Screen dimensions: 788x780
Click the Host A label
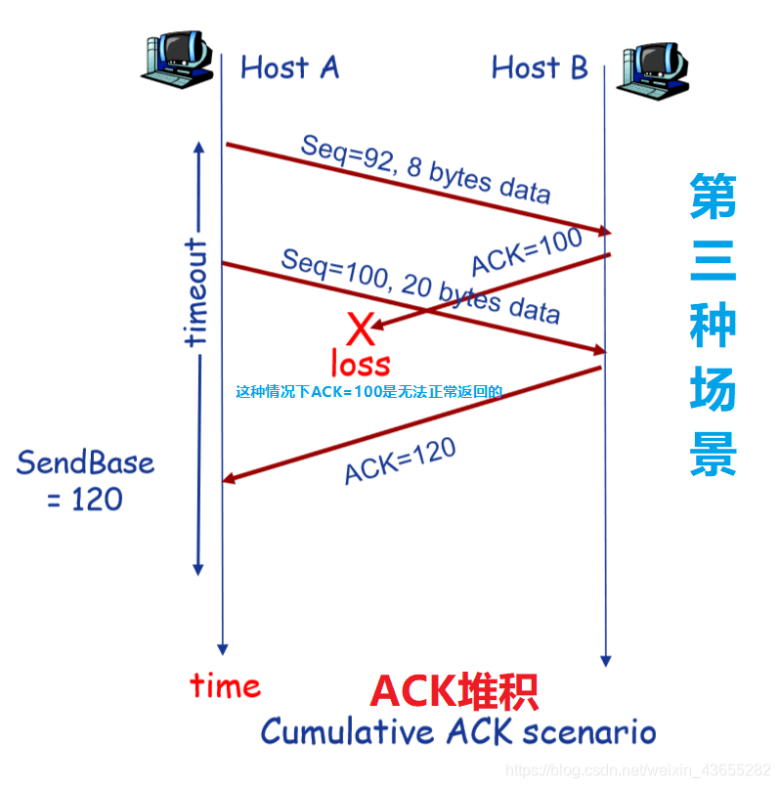(x=289, y=67)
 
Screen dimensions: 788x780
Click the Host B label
(x=540, y=67)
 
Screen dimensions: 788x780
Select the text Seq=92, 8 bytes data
(x=424, y=167)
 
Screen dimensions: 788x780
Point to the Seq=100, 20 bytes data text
(x=420, y=285)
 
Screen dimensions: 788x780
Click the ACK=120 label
(x=400, y=460)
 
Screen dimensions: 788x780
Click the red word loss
(x=360, y=364)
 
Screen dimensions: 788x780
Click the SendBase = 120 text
(x=85, y=480)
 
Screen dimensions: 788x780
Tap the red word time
(x=226, y=685)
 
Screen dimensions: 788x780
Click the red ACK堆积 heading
(x=454, y=692)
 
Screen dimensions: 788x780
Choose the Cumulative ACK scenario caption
(x=457, y=731)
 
